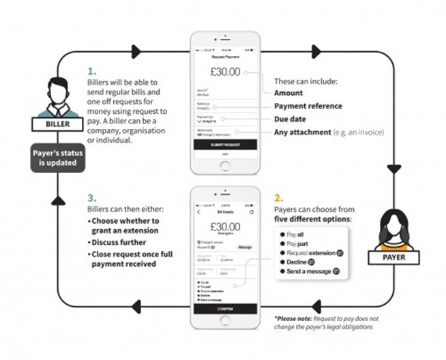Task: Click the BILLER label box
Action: tap(50, 125)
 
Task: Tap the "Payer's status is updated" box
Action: tap(50, 159)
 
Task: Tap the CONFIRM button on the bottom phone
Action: tap(224, 309)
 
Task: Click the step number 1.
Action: tap(91, 70)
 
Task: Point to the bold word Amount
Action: tap(288, 93)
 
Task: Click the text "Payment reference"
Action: tap(308, 106)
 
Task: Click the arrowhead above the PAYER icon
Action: tap(393, 168)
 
